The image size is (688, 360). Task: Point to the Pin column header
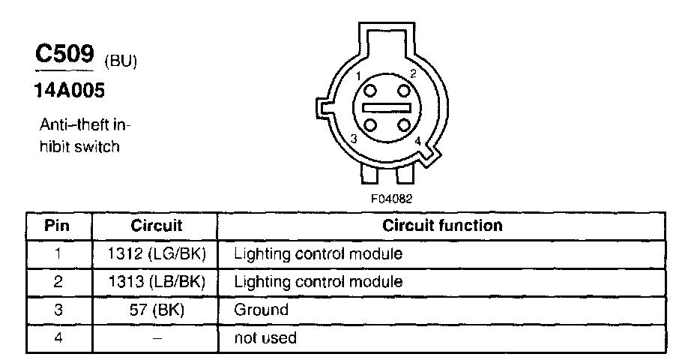(58, 226)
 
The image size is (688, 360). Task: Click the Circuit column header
(157, 226)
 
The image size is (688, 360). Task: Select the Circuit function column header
(442, 226)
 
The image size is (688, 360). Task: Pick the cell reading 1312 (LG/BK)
(157, 254)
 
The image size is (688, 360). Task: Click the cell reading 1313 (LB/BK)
(157, 282)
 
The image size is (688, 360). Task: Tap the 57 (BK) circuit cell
(157, 310)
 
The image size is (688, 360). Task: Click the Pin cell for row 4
(58, 338)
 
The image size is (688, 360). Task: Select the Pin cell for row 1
(58, 254)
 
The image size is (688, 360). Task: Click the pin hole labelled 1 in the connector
(372, 91)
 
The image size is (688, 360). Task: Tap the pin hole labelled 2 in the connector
(405, 91)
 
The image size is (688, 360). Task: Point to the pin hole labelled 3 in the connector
(372, 124)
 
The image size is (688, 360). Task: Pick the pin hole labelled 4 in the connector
(405, 124)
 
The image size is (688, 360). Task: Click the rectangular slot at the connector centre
(388, 108)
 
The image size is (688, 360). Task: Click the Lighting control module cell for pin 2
(319, 282)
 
